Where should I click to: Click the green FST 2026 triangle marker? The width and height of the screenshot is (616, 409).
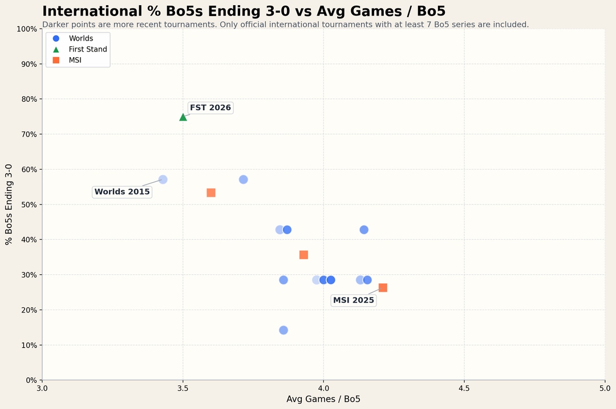(183, 117)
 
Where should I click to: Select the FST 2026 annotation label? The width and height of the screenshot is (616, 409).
(210, 107)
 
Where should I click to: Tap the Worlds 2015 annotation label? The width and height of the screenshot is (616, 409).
(122, 192)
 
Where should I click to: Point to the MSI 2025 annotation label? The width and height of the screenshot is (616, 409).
(354, 300)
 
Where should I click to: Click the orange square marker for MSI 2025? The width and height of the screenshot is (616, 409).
(383, 288)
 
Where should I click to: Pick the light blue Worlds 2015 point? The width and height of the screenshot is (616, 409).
(163, 179)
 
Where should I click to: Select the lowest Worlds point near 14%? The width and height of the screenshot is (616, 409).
(283, 330)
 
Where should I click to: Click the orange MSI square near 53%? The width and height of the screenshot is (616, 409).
(211, 193)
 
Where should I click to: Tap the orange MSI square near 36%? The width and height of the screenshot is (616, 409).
(303, 255)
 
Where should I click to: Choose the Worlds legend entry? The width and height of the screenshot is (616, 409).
(80, 38)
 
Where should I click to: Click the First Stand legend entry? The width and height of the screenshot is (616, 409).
(87, 49)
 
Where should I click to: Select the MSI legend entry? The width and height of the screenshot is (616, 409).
(75, 60)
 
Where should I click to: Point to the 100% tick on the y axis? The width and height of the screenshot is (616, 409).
(28, 29)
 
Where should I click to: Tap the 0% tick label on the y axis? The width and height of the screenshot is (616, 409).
(32, 380)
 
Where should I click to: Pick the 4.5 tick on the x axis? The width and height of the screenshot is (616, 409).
(464, 388)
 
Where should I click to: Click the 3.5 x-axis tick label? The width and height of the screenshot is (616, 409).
(183, 388)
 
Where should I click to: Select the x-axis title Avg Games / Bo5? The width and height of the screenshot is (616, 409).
(323, 399)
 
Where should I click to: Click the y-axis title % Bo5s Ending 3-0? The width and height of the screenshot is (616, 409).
(9, 204)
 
